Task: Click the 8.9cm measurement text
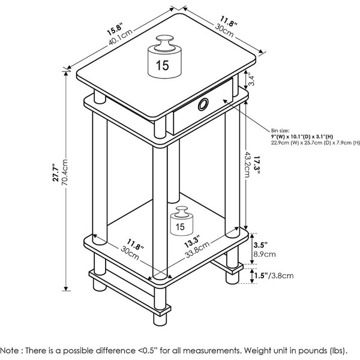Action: tap(265, 254)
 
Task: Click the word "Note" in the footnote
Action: tap(11, 349)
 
